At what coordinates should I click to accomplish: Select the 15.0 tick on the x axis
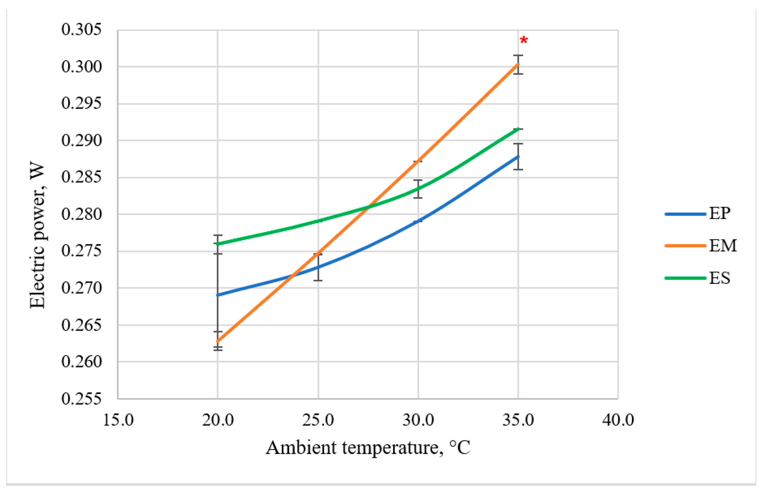(118, 420)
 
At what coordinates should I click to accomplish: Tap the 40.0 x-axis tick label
(618, 420)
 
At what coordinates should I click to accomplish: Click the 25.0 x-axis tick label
(318, 420)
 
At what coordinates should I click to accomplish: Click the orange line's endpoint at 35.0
(518, 64)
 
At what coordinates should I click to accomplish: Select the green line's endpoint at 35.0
(518, 129)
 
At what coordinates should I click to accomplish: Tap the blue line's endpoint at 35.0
(518, 157)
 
